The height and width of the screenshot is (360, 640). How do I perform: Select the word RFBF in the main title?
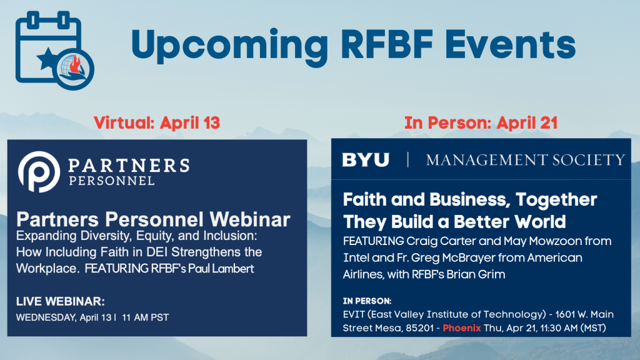[386, 44]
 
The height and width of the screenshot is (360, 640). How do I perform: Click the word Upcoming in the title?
[229, 47]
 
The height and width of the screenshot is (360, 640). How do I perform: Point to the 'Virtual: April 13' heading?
[157, 123]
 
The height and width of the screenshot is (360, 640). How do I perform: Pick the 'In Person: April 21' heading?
[481, 123]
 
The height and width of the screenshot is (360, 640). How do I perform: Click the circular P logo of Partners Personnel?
[39, 172]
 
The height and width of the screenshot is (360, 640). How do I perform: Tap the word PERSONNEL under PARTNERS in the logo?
[112, 181]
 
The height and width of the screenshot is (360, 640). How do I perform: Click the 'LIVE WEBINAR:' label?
[61, 302]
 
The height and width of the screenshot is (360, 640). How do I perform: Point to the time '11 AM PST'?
[145, 317]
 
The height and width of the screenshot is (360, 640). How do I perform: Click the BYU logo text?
[366, 159]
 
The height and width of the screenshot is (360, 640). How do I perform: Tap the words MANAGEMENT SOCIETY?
[526, 160]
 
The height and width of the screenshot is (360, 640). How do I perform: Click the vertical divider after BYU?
[407, 159]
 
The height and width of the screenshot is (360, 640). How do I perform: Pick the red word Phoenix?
[462, 328]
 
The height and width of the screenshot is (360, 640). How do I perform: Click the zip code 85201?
[419, 328]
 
